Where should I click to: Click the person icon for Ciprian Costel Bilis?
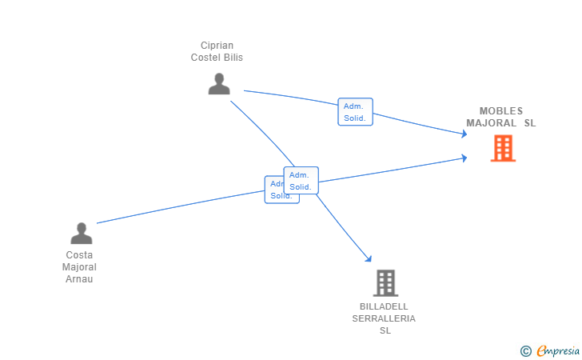219,83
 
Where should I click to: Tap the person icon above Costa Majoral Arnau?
82,233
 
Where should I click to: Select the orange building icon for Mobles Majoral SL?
503,148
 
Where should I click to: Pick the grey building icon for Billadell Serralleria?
385,282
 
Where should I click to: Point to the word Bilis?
233,58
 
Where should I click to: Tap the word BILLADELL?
384,306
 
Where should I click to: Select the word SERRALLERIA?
384,318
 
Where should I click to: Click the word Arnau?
79,279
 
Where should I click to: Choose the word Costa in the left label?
79,255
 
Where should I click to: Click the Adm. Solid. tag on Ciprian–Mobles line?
355,112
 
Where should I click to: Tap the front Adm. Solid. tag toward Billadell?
301,181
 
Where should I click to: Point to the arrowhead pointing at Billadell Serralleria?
369,258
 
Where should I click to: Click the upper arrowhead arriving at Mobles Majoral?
464,134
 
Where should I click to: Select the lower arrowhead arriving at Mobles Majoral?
464,158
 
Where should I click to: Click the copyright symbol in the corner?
525,350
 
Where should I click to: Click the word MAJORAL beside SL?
492,123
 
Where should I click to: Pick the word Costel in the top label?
206,58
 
